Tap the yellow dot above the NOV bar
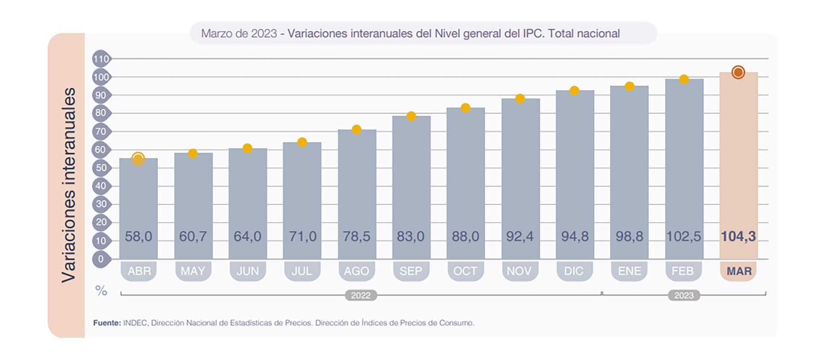pyautogui.click(x=520, y=99)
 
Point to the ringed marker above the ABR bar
pyautogui.click(x=138, y=159)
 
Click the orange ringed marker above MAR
pyautogui.click(x=738, y=72)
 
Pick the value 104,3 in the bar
pyautogui.click(x=738, y=236)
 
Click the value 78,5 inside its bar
pyautogui.click(x=357, y=236)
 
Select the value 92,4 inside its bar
pyautogui.click(x=520, y=236)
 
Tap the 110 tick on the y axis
pyautogui.click(x=101, y=59)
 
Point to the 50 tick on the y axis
pyautogui.click(x=101, y=168)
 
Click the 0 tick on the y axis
pyautogui.click(x=101, y=259)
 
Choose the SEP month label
pyautogui.click(x=410, y=271)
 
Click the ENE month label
pyautogui.click(x=629, y=271)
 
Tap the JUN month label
pyautogui.click(x=248, y=271)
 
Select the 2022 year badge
pyautogui.click(x=361, y=296)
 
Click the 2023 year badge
pyautogui.click(x=684, y=296)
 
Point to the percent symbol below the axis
pyautogui.click(x=101, y=291)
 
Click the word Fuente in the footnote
pyautogui.click(x=107, y=323)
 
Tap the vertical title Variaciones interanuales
pyautogui.click(x=68, y=185)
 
